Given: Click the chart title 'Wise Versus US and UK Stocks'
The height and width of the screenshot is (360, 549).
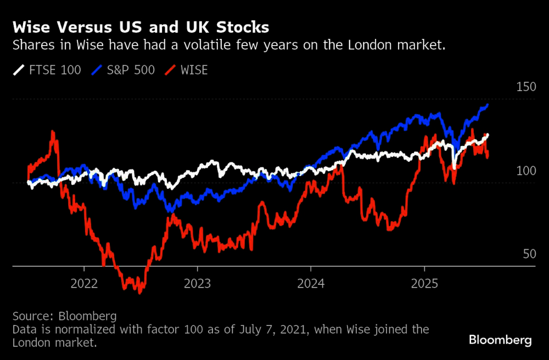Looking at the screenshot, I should (x=141, y=27).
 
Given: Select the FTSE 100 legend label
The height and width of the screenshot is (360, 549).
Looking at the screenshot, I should (x=55, y=70).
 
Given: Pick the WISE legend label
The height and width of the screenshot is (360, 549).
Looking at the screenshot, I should (x=193, y=70).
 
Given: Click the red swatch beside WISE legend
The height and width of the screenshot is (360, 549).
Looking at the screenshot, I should (x=171, y=70).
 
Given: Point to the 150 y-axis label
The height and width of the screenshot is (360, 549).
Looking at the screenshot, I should (x=526, y=87).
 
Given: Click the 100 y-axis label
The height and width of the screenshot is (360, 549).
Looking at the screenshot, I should (x=526, y=171).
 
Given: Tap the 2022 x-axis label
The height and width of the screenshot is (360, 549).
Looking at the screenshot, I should (x=84, y=284).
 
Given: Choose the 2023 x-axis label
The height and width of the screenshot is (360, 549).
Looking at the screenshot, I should (x=197, y=284).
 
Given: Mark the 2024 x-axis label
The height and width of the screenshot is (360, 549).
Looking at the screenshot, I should (x=311, y=284).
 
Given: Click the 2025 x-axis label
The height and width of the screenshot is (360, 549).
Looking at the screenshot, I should (x=424, y=284).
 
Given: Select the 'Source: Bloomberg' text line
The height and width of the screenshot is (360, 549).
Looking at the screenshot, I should (x=64, y=317).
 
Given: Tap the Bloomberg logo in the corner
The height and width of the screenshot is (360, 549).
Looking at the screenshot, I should (x=500, y=340).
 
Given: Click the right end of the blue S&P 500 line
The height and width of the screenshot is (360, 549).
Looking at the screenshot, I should (x=488, y=104).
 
